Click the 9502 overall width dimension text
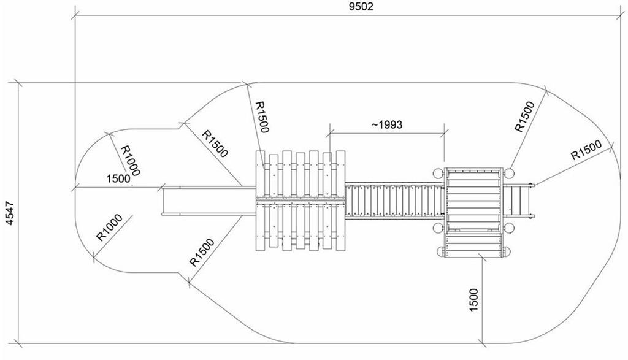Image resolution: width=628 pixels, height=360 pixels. [x=361, y=6]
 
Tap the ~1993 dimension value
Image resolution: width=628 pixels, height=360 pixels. [x=387, y=124]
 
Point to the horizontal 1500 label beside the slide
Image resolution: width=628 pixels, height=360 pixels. [x=118, y=178]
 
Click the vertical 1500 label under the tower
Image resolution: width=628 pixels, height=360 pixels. [x=473, y=299]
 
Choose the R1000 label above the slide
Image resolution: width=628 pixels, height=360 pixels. [x=131, y=160]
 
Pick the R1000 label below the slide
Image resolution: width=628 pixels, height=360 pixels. [x=109, y=228]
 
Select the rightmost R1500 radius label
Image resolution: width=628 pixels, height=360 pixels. [x=586, y=150]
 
